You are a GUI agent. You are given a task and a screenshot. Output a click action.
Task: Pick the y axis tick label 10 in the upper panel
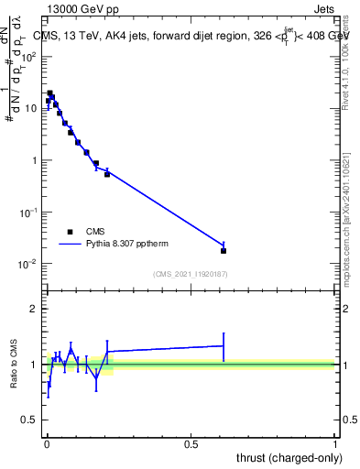pos(32,108)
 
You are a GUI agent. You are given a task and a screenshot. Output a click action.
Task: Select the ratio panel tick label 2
pos(34,309)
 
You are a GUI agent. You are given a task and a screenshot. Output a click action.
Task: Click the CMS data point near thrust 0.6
pos(224,250)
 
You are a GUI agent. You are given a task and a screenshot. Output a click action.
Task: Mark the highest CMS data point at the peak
pos(50,93)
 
